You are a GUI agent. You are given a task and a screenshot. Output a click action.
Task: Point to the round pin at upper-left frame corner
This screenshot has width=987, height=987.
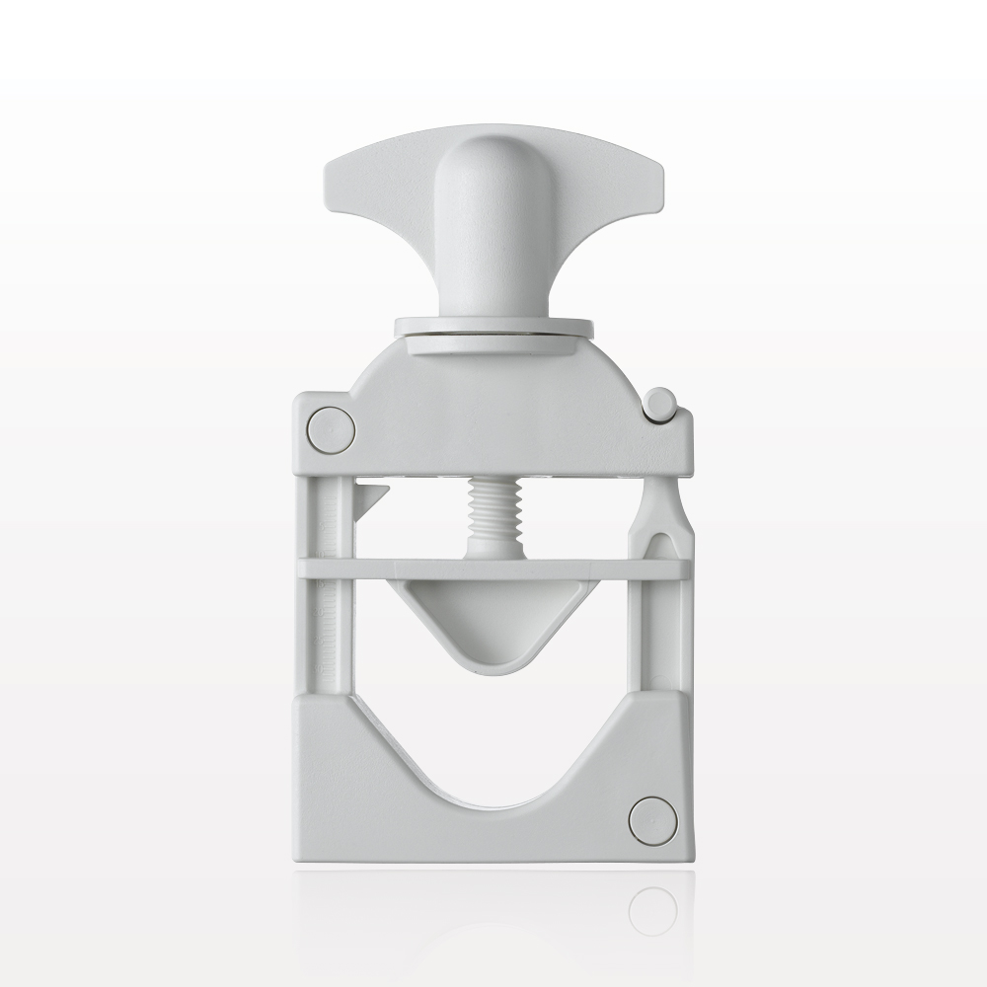(331, 430)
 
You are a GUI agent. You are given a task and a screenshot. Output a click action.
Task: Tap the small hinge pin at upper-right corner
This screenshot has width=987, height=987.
(660, 403)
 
